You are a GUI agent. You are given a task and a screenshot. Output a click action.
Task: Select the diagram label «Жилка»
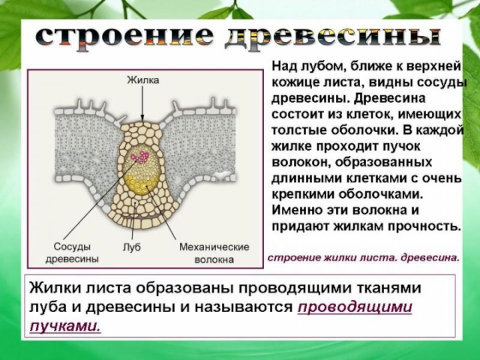click(x=143, y=80)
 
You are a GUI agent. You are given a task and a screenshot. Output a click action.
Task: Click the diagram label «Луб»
click(x=131, y=247)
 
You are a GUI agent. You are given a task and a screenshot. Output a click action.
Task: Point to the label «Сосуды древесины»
click(x=72, y=253)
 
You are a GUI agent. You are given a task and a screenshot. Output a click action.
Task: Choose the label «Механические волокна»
click(x=214, y=253)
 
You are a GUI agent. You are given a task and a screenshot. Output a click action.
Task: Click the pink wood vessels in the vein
click(x=140, y=157)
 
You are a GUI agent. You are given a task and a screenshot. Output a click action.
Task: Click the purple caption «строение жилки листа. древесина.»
click(x=363, y=259)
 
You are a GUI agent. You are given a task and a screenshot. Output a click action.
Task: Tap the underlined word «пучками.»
click(x=65, y=325)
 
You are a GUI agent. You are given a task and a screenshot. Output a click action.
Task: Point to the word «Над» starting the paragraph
click(x=284, y=65)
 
